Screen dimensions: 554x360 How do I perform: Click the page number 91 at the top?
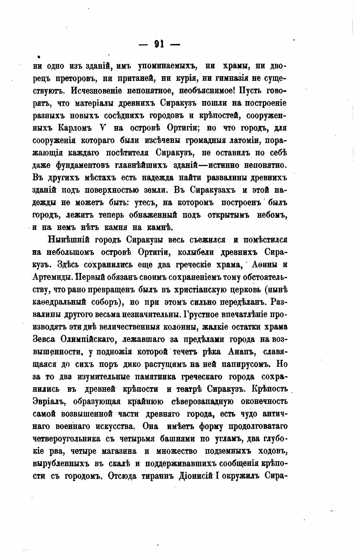coord(159,44)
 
